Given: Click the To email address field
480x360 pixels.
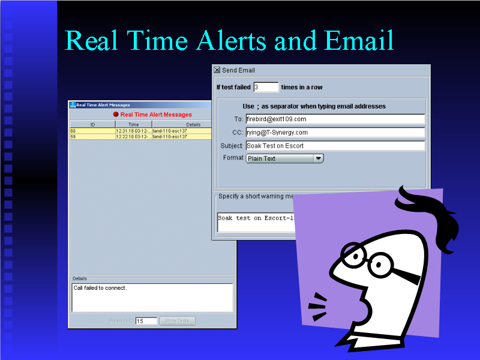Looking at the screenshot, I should pos(335,119).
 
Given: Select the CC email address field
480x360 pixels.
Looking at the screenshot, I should pos(335,132).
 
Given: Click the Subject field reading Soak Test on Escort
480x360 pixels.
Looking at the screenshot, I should pos(335,146).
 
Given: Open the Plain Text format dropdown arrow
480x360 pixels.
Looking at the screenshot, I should pos(319,158).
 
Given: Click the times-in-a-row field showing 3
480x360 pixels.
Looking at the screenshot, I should pos(266,87).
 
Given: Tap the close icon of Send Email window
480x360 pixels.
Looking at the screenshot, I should pos(217,70).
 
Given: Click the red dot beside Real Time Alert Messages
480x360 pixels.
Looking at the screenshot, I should pos(116,115).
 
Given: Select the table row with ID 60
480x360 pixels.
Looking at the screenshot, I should pos(128,131).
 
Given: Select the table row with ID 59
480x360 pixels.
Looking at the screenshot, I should pos(128,137).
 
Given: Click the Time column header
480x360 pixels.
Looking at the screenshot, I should pos(133,124).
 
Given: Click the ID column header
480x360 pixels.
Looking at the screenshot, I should pos(92,124).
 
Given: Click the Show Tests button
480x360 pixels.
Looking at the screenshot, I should pos(177,321).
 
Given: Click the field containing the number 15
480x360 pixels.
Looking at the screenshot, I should pos(146,321).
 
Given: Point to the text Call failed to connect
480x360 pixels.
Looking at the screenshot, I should pos(100,288).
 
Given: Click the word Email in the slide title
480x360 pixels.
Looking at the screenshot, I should pos(359,40).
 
